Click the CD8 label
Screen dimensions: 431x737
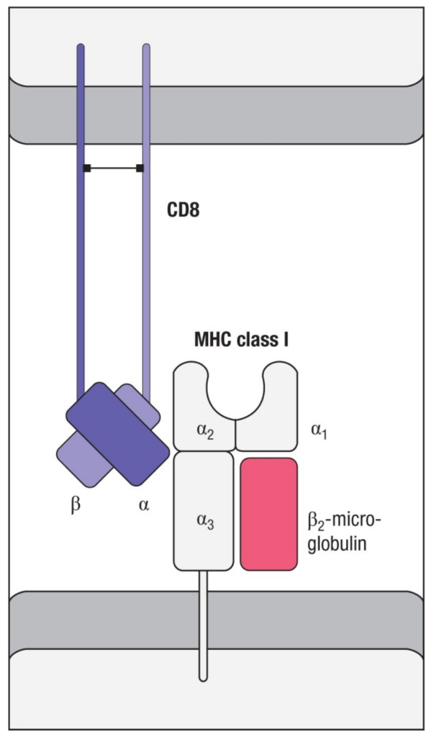(x=183, y=210)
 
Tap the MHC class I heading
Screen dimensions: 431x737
(x=241, y=340)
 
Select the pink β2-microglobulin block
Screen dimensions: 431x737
(x=269, y=514)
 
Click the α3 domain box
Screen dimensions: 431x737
(x=204, y=510)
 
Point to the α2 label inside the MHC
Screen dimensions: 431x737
(x=205, y=432)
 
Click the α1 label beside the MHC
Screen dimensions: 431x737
(x=319, y=431)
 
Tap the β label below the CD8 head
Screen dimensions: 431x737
(x=76, y=506)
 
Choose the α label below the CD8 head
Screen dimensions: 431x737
(x=144, y=506)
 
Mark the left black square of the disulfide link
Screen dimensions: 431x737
(x=87, y=168)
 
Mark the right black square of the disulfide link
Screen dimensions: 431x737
(x=140, y=168)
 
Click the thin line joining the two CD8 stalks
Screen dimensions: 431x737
(x=113, y=168)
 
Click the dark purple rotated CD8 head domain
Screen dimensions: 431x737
(x=117, y=433)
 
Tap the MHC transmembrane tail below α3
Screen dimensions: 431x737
(x=203, y=625)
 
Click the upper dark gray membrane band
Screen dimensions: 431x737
(x=216, y=115)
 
